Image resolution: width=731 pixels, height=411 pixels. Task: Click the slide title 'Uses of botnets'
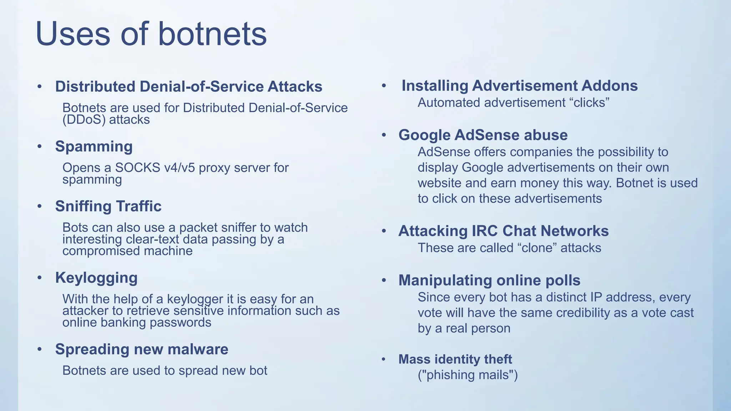click(x=151, y=34)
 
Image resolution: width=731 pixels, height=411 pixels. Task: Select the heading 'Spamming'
click(x=94, y=147)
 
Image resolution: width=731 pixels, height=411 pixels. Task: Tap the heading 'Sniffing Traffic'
click(x=108, y=206)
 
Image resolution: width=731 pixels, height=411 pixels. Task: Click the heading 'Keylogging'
click(x=96, y=278)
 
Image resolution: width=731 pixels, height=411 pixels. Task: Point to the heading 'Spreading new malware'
click(x=142, y=349)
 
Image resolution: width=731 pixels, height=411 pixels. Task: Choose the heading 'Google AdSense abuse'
click(x=483, y=135)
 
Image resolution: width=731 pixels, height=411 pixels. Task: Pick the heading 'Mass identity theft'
click(x=455, y=359)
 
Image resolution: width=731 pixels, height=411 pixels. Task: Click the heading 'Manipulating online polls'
click(x=489, y=280)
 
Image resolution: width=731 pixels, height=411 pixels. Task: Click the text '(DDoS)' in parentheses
click(x=84, y=120)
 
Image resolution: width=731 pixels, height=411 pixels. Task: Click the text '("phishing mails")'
click(x=468, y=375)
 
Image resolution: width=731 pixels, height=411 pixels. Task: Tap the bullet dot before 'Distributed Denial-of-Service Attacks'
click(x=40, y=87)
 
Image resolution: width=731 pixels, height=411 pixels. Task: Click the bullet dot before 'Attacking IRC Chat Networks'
click(x=384, y=231)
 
